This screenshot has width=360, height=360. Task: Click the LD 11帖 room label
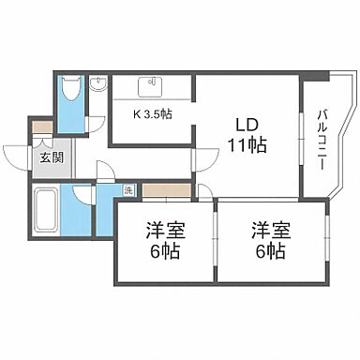coord(246,134)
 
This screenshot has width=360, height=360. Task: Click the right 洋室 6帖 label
coord(267,240)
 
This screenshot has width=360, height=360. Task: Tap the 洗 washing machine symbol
coord(128,190)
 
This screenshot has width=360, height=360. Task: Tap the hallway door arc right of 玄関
coord(105,171)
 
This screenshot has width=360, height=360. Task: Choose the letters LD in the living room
coord(246,124)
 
